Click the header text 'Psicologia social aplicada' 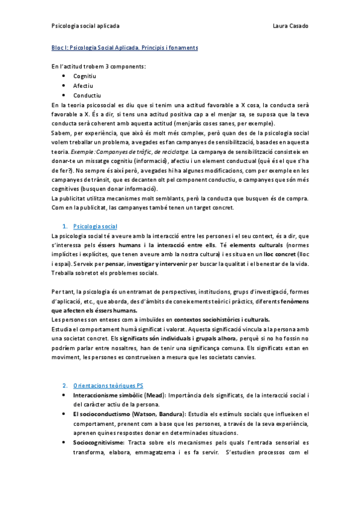(x=85, y=26)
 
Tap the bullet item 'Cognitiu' (x=85, y=76)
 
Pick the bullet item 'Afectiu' (x=83, y=86)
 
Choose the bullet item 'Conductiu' (x=87, y=96)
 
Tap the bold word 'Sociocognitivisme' (x=99, y=443)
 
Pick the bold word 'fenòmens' (x=294, y=301)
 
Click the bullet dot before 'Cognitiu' (x=64, y=76)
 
